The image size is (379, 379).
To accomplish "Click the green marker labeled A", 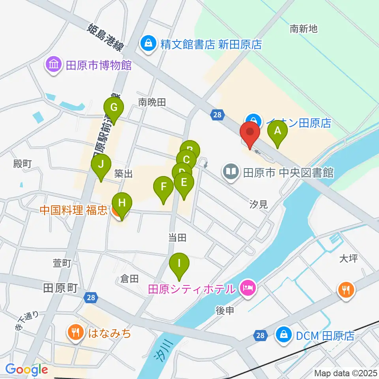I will click(277, 131).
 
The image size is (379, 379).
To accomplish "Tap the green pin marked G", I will click(113, 107).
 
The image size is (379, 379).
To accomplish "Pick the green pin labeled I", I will click(179, 263).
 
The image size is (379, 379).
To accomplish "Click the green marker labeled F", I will click(163, 186).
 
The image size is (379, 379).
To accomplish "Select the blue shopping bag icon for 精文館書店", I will click(148, 43).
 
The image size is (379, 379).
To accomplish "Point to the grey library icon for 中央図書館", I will click(231, 172).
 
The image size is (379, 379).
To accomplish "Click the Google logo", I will click(27, 370).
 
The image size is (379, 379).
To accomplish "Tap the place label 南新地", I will click(303, 29).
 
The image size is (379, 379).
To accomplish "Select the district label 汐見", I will click(259, 204).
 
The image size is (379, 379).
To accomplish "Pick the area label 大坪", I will click(348, 259).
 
